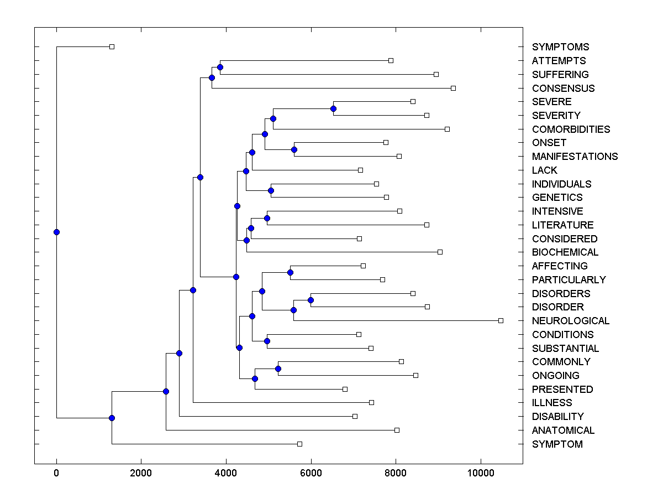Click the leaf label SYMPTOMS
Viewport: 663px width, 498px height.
coord(560,47)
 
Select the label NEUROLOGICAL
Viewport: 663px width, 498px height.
coord(571,321)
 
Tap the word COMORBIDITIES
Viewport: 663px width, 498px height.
coord(571,129)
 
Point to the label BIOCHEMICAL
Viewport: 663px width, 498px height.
coord(565,252)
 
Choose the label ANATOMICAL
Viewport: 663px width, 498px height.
coord(563,430)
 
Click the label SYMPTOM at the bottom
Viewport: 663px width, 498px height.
coord(557,444)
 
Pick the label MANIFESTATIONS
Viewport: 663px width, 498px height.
coord(575,157)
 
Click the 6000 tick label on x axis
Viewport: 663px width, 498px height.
coord(311,474)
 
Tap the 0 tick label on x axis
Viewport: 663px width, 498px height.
coord(56,474)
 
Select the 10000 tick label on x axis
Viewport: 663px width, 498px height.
coord(481,474)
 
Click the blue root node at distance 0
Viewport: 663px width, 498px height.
coord(56,232)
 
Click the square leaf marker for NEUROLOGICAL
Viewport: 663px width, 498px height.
coord(501,320)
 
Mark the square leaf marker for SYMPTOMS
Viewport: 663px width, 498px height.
coord(112,46)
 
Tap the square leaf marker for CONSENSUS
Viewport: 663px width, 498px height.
coord(453,88)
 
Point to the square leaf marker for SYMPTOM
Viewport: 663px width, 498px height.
coord(299,444)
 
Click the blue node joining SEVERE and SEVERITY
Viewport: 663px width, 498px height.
coord(333,108)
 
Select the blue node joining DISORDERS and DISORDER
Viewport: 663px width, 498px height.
coord(311,300)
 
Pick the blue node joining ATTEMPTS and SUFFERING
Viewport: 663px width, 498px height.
coord(220,67)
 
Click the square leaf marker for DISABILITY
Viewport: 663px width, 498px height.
coord(355,416)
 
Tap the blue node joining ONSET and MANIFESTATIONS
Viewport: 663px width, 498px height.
coord(294,149)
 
